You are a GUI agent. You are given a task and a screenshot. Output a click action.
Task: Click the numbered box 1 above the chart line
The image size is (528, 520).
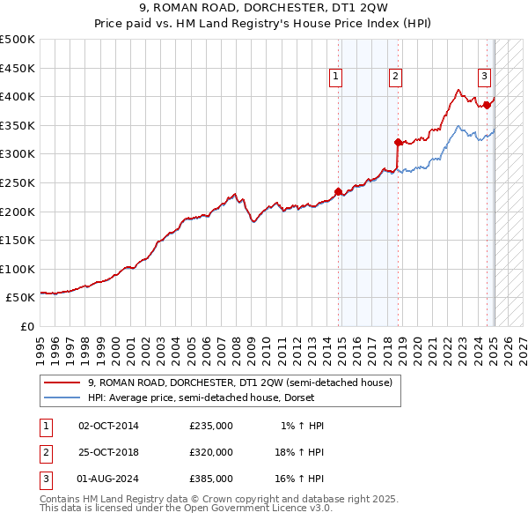pyautogui.click(x=336, y=78)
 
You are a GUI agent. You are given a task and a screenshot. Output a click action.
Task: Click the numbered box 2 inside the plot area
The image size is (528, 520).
pyautogui.click(x=396, y=78)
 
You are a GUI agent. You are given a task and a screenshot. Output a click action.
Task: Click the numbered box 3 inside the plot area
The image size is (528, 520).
pyautogui.click(x=484, y=76)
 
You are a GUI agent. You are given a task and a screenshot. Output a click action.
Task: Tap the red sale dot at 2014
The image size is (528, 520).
pyautogui.click(x=339, y=191)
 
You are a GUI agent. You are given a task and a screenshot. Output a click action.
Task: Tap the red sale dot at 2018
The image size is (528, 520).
pyautogui.click(x=398, y=142)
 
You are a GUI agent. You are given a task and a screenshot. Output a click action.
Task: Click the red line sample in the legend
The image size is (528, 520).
pyautogui.click(x=62, y=383)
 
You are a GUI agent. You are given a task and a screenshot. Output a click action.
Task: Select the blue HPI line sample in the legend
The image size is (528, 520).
pyautogui.click(x=62, y=397)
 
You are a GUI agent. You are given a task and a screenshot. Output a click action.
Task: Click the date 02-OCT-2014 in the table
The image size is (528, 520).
pyautogui.click(x=109, y=426)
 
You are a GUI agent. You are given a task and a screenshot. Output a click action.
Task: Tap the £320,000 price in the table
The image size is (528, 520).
pyautogui.click(x=211, y=452)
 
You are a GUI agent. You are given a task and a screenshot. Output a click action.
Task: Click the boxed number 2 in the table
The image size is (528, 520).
pyautogui.click(x=45, y=452)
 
